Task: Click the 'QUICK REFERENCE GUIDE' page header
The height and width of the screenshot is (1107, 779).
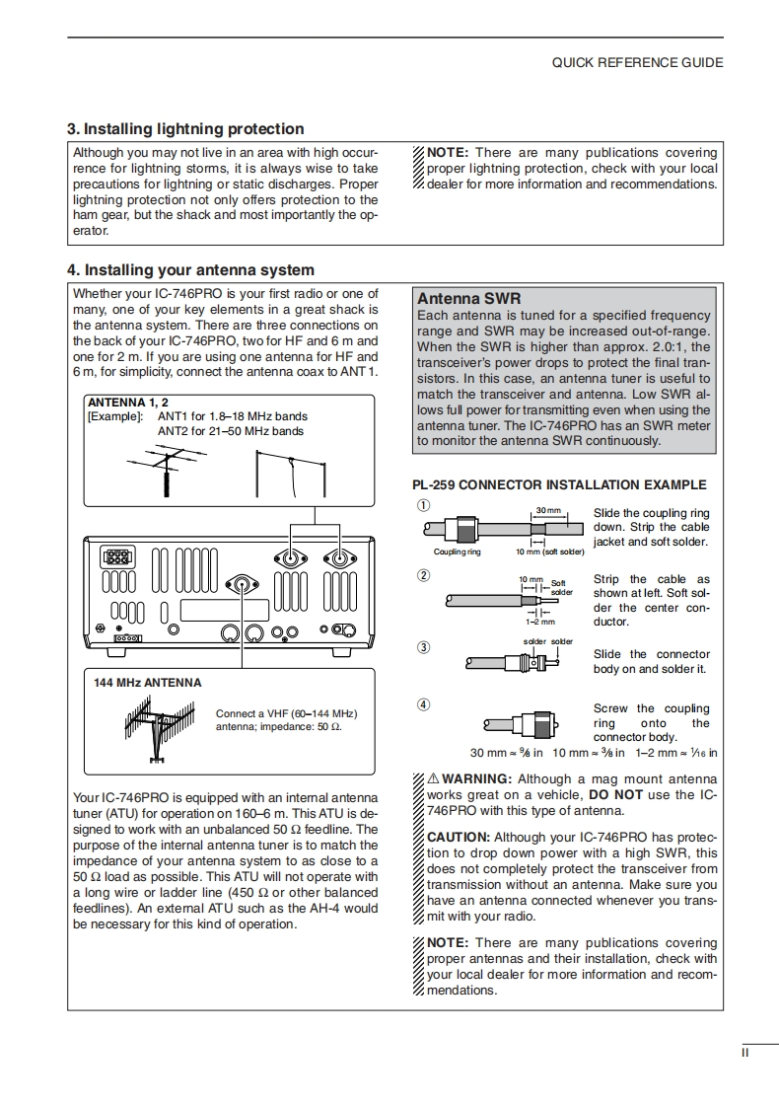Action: [637, 62]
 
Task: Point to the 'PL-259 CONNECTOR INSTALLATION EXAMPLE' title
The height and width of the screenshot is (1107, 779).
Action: [559, 484]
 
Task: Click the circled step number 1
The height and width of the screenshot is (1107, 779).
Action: [423, 507]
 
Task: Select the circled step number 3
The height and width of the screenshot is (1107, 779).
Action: [423, 647]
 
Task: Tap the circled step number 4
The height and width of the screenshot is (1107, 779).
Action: [423, 704]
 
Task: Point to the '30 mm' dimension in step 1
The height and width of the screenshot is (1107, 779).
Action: [547, 510]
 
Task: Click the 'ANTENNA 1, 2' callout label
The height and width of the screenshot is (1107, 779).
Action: [128, 403]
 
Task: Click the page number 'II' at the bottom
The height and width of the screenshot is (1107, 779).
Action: [745, 1052]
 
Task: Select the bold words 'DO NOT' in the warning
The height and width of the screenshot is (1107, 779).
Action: [615, 794]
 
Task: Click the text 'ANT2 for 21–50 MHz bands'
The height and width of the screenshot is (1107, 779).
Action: [231, 431]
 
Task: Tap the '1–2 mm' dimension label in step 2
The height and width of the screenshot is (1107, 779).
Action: [540, 622]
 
